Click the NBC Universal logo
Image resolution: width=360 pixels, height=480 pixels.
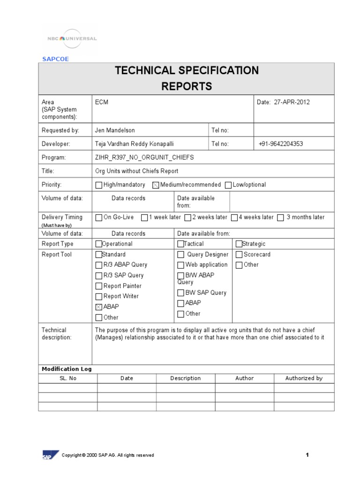pos(72,39)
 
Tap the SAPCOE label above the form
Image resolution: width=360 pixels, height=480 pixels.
pos(55,59)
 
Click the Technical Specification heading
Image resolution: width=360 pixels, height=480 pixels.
pos(187,71)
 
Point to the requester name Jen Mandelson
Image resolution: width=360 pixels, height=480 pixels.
pos(114,130)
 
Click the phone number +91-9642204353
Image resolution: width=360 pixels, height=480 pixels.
pos(281,144)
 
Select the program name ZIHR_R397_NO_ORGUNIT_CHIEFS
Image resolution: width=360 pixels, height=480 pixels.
pos(144,157)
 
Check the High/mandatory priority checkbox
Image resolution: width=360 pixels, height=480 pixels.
pos(98,185)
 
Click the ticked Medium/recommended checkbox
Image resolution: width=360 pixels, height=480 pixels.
pos(156,185)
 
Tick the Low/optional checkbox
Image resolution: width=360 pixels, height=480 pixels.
pos(228,185)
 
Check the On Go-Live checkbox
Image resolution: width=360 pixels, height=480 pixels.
pos(98,217)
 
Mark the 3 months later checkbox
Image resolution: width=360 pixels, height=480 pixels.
pos(280,217)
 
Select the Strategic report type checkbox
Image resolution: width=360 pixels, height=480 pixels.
pos(239,244)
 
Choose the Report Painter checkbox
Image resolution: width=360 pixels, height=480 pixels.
pos(98,286)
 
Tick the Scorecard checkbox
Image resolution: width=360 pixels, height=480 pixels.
pos(239,255)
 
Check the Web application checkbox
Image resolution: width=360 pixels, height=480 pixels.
pos(180,265)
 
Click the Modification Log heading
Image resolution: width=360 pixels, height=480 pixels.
pos(67,369)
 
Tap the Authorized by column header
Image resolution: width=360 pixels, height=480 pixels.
pos(304,378)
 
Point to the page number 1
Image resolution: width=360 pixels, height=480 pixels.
pos(307,455)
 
